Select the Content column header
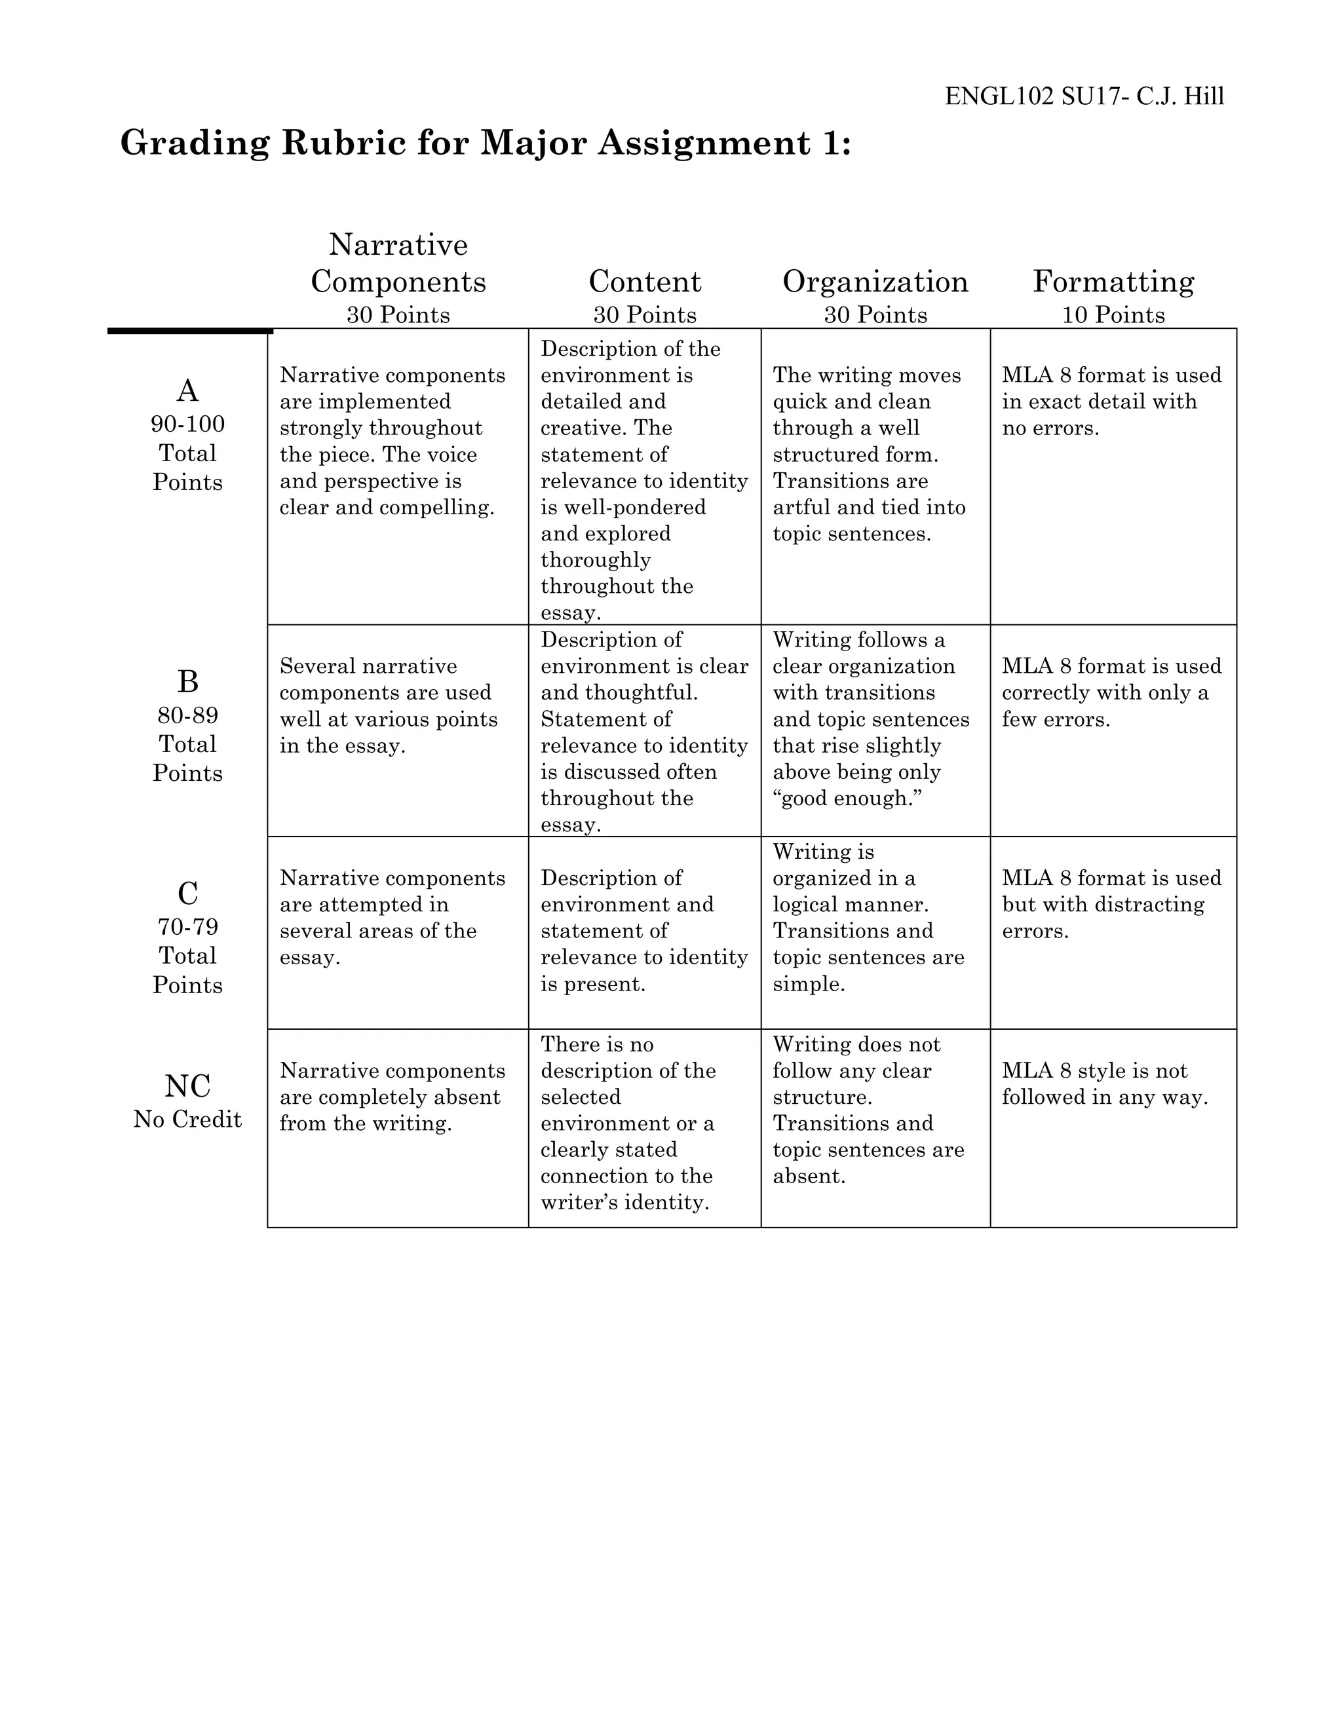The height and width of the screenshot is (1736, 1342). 644,282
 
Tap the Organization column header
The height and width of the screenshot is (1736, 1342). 875,282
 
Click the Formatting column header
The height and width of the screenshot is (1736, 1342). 1113,282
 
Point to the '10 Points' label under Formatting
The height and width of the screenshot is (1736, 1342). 1113,316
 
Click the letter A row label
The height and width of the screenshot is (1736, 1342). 187,391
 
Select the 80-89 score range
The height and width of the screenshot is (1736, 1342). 187,715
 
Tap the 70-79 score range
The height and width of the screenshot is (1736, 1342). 187,927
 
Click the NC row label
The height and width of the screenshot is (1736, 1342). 187,1085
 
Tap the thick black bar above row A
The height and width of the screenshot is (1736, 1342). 190,331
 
